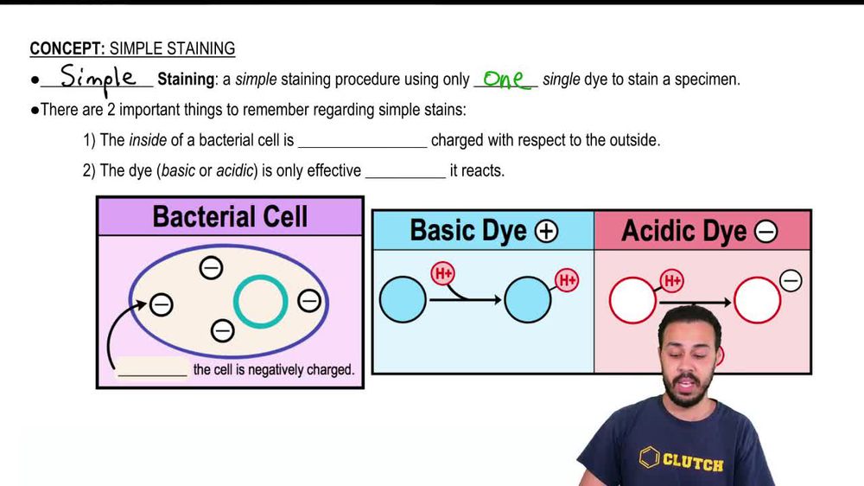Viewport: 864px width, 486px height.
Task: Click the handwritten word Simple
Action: tap(98, 79)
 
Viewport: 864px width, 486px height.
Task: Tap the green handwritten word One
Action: tap(505, 80)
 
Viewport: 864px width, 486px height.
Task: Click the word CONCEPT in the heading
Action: tap(67, 48)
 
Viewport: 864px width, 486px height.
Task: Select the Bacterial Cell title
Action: tap(230, 216)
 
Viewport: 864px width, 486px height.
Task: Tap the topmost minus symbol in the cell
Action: tap(211, 268)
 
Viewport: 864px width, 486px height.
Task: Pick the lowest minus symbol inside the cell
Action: tap(223, 331)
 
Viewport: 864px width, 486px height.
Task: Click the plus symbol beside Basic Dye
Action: tap(546, 232)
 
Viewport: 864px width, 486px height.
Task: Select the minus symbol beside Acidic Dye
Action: tap(766, 232)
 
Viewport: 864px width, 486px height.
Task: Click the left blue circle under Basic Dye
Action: tap(403, 299)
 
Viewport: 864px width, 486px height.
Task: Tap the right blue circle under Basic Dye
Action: tap(527, 299)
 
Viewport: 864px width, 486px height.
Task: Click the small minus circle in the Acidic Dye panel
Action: tap(791, 281)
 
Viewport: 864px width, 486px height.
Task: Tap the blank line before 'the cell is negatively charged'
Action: tap(153, 376)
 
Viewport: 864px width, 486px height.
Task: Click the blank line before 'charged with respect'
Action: tap(363, 147)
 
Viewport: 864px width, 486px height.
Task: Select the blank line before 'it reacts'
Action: tap(405, 177)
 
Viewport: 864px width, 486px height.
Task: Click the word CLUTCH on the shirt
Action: tap(693, 462)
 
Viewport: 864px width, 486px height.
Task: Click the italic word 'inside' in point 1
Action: tap(148, 140)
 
